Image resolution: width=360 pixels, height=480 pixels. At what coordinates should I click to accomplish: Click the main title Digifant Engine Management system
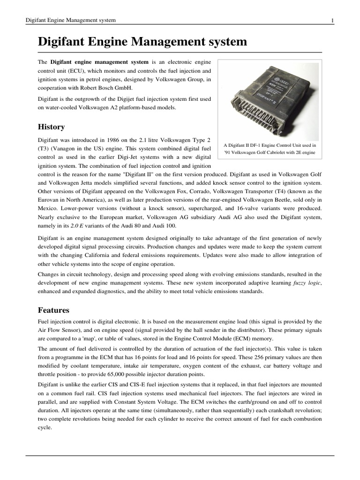pyautogui.click(x=142, y=42)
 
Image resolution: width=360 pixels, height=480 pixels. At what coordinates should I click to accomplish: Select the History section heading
pyautogui.click(x=51, y=127)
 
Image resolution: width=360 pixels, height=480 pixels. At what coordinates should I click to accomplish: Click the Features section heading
pyautogui.click(x=53, y=310)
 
